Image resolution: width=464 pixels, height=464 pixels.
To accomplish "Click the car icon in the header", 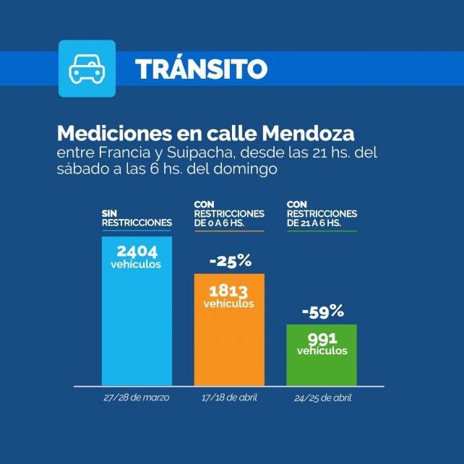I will pos(87,69).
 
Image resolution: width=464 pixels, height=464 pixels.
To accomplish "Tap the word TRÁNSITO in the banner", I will pos(201,69).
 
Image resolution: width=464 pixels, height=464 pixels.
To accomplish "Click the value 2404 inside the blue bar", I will pos(137,252).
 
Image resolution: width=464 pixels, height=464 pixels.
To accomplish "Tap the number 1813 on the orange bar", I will pos(229,291).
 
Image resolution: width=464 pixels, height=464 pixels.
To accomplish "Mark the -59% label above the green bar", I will pos(322,312).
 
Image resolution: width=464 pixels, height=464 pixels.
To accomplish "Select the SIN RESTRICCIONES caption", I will pos(137,218).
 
